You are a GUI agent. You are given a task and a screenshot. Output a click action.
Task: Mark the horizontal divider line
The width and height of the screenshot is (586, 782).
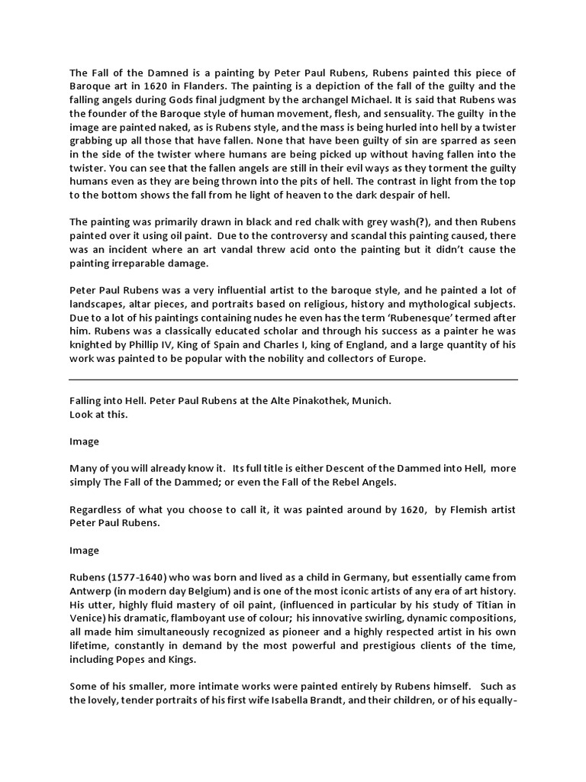click(293, 380)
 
